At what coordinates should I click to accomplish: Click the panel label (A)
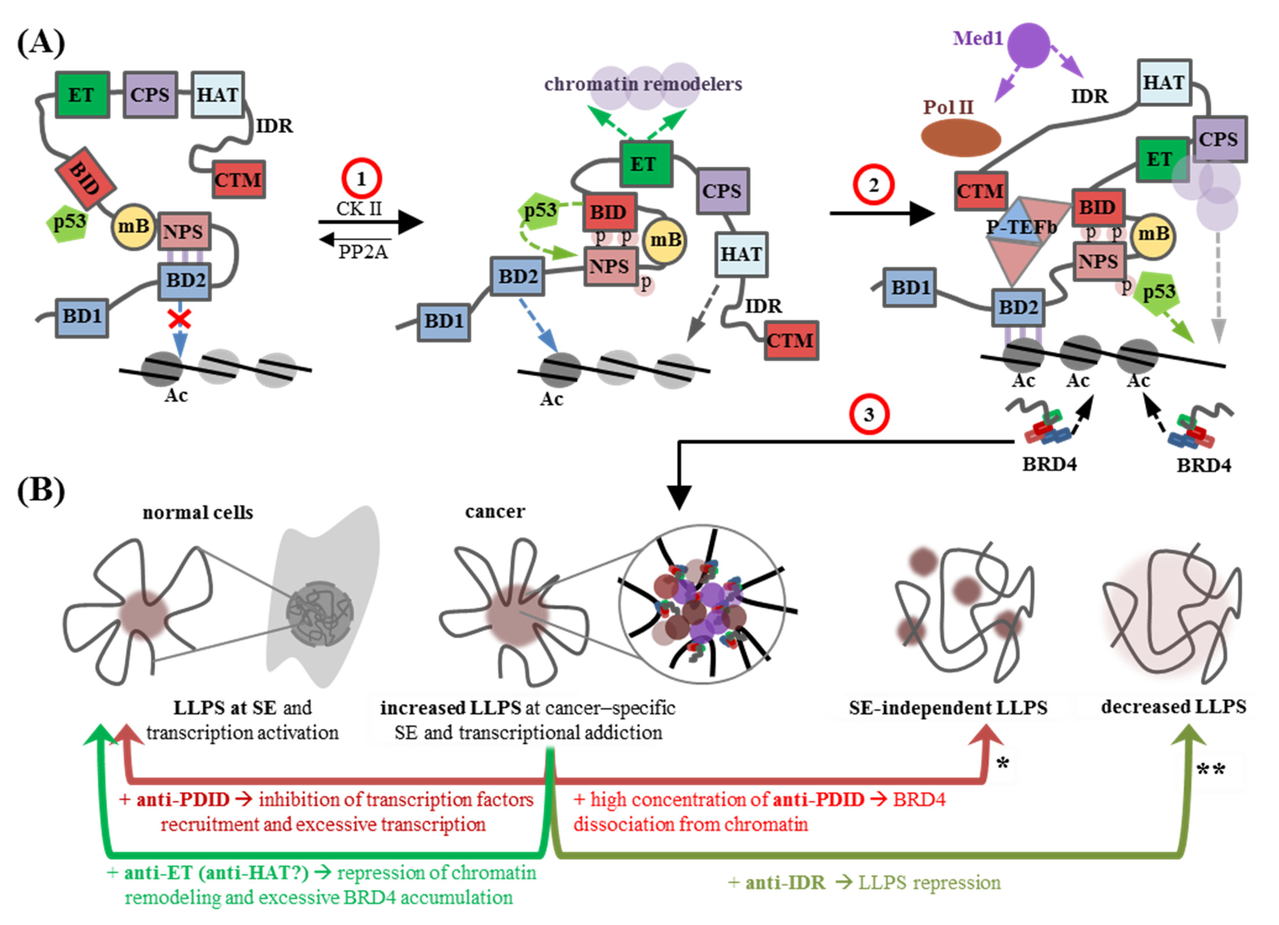tap(41, 43)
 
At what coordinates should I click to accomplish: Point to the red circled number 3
tap(869, 415)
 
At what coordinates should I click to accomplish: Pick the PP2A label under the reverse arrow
tap(363, 252)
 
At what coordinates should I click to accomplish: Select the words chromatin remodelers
tap(643, 84)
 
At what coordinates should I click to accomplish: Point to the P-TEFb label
tap(1021, 227)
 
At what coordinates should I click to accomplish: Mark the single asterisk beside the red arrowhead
tap(1002, 764)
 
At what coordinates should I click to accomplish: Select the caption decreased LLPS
tap(1173, 706)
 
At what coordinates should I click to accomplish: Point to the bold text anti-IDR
tap(785, 882)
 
